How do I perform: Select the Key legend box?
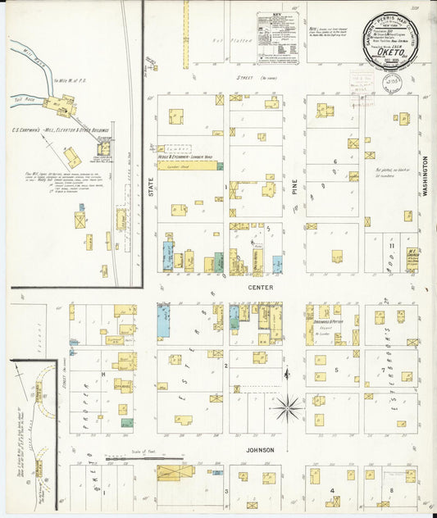[x=277, y=38]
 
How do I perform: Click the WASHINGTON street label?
[x=426, y=175]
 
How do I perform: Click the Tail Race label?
[x=25, y=97]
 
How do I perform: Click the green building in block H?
[x=127, y=423]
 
